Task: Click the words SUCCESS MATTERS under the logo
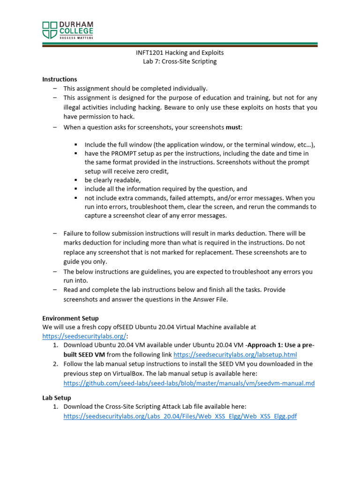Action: (x=75, y=37)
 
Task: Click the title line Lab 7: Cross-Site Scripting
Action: (x=180, y=61)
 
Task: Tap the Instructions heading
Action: (x=60, y=79)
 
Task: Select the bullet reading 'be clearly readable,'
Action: (x=112, y=180)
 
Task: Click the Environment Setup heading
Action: (x=70, y=318)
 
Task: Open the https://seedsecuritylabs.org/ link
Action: (x=85, y=336)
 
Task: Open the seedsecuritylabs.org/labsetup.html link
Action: (x=235, y=355)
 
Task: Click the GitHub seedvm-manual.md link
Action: (x=189, y=383)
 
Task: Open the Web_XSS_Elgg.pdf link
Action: (x=180, y=416)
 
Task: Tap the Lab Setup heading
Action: (x=56, y=397)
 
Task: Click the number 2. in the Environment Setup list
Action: (x=55, y=364)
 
